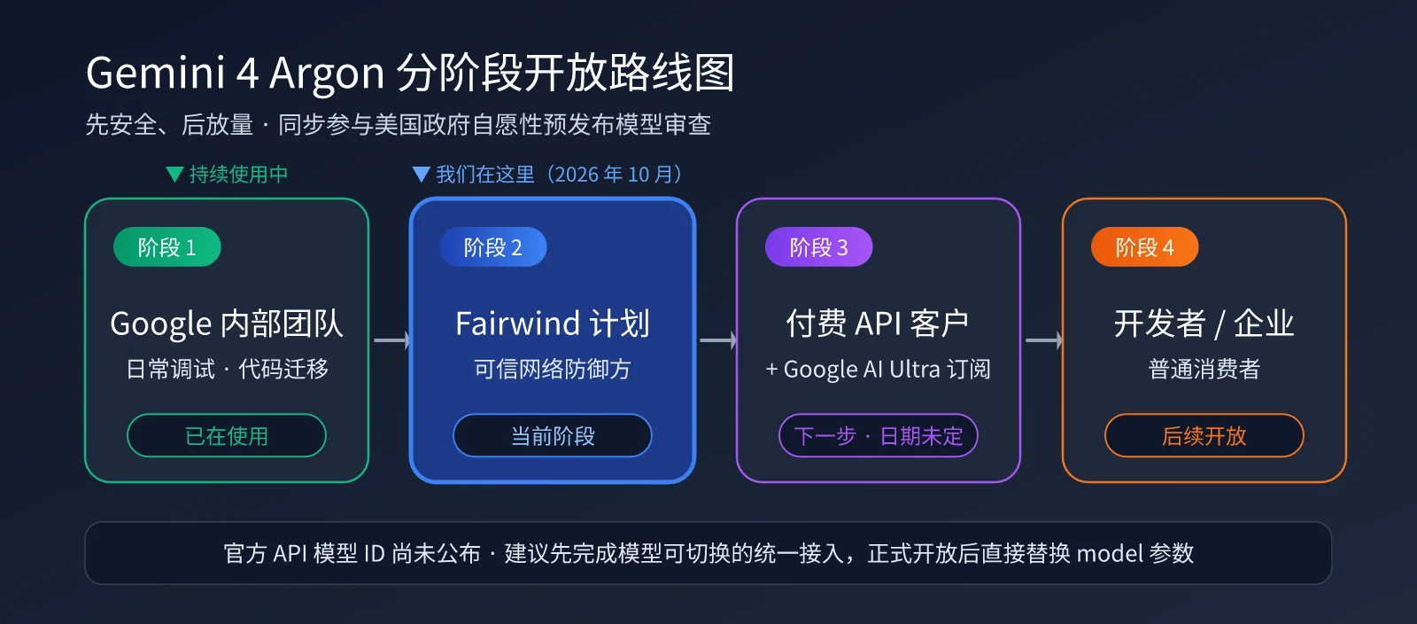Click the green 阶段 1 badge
167,246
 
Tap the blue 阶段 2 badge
492,246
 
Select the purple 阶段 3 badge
818,246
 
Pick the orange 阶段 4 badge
1144,246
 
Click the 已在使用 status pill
227,435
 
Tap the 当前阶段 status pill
553,435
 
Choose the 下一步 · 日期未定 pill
878,435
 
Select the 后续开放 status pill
1204,435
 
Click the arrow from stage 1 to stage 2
391,340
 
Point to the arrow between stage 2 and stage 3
717,340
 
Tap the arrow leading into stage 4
1043,340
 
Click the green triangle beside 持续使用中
174,174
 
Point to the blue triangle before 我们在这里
422,174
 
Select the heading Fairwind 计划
553,324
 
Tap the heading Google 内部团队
227,324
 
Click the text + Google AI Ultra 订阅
878,369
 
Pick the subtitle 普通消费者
1204,369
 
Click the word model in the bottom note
1110,554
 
